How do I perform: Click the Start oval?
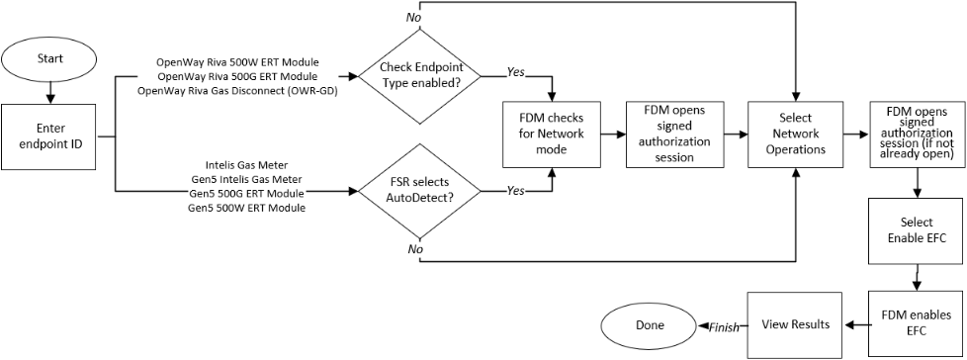pyautogui.click(x=50, y=59)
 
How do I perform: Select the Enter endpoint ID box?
pyautogui.click(x=50, y=137)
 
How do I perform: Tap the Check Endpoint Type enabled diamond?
pyautogui.click(x=420, y=76)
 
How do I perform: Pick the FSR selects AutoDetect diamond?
pyautogui.click(x=420, y=191)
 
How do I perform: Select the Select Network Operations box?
pyautogui.click(x=796, y=135)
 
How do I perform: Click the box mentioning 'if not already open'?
pyautogui.click(x=918, y=135)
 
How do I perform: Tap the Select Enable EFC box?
pyautogui.click(x=918, y=229)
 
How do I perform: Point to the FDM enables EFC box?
pyautogui.click(x=918, y=324)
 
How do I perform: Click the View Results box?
pyautogui.click(x=796, y=324)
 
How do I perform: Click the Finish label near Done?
pyautogui.click(x=724, y=328)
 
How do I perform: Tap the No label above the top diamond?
pyautogui.click(x=413, y=17)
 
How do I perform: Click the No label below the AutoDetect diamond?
pyautogui.click(x=413, y=249)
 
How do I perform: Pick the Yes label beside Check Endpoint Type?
pyautogui.click(x=515, y=72)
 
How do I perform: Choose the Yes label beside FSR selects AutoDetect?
pyautogui.click(x=515, y=191)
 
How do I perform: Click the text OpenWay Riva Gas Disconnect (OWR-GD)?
pyautogui.click(x=237, y=91)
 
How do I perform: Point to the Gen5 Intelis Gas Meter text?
pyautogui.click(x=246, y=179)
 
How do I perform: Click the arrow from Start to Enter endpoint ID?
pyautogui.click(x=50, y=91)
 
